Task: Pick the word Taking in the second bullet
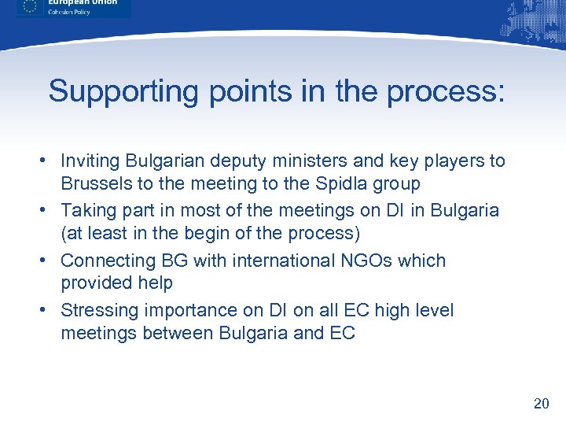tap(86, 211)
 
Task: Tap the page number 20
tap(541, 404)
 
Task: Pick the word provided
tap(94, 283)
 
